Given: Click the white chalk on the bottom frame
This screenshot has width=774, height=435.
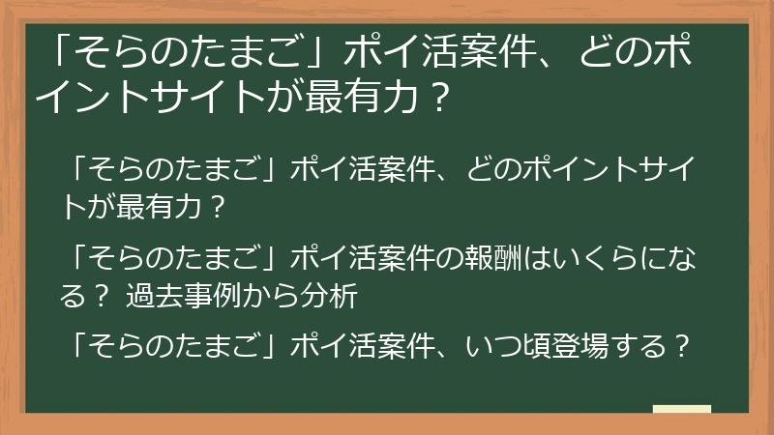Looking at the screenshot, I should (681, 411).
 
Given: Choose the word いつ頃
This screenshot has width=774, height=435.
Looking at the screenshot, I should (504, 346).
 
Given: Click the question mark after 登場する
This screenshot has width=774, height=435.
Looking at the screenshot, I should (681, 346).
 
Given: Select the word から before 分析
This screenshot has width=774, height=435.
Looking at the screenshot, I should (277, 297).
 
